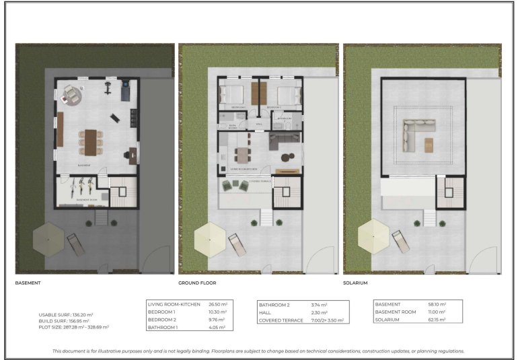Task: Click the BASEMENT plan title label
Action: coord(28,283)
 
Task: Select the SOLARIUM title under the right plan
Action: coord(359,283)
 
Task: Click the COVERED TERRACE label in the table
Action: coord(279,320)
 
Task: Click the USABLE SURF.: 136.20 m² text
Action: coord(65,314)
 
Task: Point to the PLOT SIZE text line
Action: coord(73,327)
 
